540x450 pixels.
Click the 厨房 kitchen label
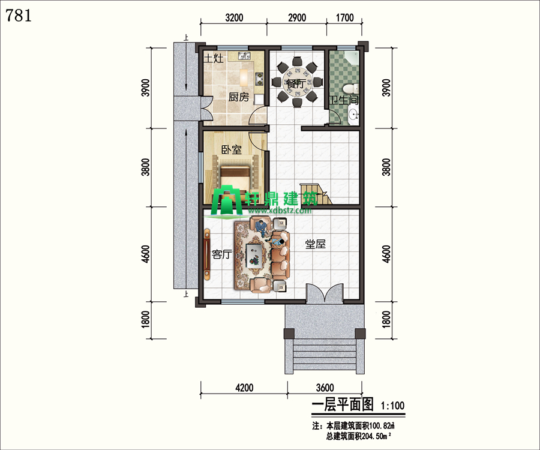tap(239, 97)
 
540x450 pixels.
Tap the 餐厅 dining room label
tap(295, 83)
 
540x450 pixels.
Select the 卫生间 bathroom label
tap(344, 100)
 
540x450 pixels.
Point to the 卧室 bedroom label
tap(232, 149)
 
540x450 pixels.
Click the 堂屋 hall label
tap(316, 244)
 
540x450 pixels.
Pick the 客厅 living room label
tap(222, 254)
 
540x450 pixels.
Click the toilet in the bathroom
tap(352, 89)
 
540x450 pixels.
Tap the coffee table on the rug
tap(254, 255)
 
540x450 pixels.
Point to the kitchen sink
tap(244, 56)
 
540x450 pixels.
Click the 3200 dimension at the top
tap(234, 17)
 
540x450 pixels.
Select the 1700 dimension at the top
tap(344, 17)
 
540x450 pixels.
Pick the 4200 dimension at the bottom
tap(244, 388)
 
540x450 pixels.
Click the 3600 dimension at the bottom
tap(325, 388)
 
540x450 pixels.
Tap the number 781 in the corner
tap(19, 16)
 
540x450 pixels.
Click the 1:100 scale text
tap(392, 406)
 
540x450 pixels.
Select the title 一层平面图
tap(343, 405)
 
